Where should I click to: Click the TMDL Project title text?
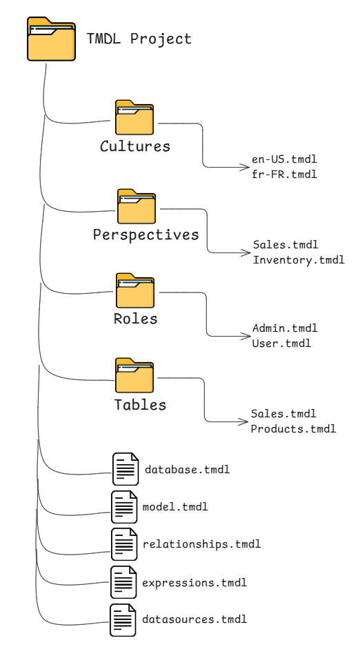pyautogui.click(x=139, y=39)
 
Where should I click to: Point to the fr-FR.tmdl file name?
pyautogui.click(x=284, y=172)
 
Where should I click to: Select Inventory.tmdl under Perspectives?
pyautogui.click(x=298, y=259)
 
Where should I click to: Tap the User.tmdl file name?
pyautogui.click(x=282, y=343)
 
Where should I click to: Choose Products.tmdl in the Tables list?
pyautogui.click(x=293, y=428)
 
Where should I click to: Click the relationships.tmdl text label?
pyautogui.click(x=201, y=544)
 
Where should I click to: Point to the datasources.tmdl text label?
pyautogui.click(x=194, y=619)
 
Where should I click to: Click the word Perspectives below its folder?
pyautogui.click(x=146, y=234)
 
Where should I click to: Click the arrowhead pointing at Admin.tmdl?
pyautogui.click(x=248, y=336)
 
